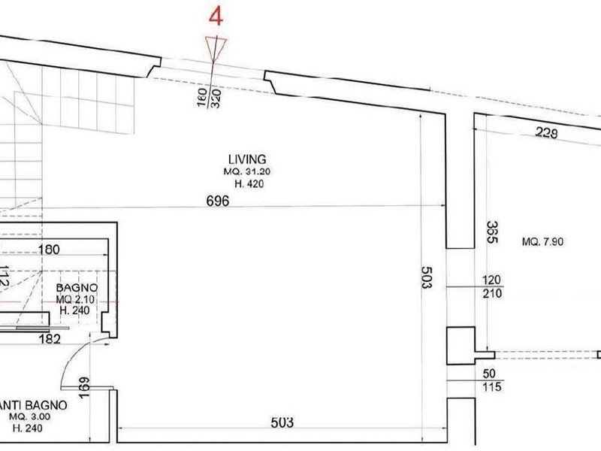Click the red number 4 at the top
coord(216,17)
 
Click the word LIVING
coord(247,159)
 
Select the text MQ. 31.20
coord(247,171)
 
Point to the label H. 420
coord(249,184)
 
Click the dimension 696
coord(218,201)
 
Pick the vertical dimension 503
coord(426,278)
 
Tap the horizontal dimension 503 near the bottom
coord(282,422)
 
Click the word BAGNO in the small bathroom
coord(77,288)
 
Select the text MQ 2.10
coord(75,298)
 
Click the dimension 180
coord(49,250)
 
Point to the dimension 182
coord(50,339)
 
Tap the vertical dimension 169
coord(83,388)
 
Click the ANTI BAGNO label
coord(33,405)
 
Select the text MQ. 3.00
coord(29,417)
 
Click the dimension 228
coord(546,133)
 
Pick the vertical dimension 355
coord(492,232)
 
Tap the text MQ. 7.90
coord(542,241)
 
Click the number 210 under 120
coord(493,293)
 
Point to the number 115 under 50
coord(493,386)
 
